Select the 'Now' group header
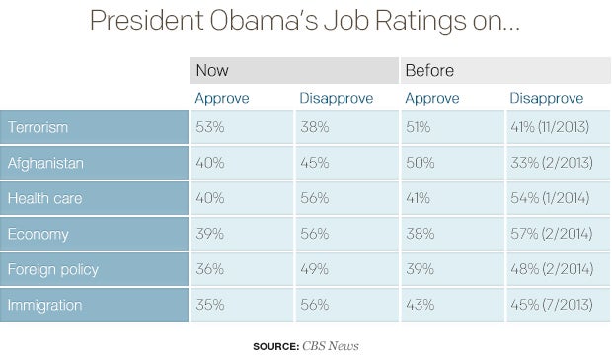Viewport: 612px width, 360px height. click(213, 71)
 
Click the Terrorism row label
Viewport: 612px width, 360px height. click(38, 127)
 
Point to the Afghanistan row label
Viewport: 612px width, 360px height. click(44, 163)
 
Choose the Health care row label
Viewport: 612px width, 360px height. click(43, 198)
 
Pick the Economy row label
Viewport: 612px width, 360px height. click(38, 234)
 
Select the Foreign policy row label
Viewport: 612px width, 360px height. click(48, 269)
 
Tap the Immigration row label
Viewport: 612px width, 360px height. click(43, 305)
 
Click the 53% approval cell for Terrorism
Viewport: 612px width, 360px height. click(211, 127)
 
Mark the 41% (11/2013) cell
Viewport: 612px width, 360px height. click(550, 127)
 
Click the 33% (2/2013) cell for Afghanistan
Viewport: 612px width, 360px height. click(550, 163)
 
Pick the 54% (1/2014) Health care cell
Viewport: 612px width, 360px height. click(550, 198)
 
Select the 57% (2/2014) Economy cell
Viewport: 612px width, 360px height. click(550, 234)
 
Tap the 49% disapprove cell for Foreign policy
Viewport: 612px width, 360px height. click(315, 269)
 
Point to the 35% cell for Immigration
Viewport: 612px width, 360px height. click(211, 305)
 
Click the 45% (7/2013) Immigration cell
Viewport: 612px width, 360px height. click(550, 305)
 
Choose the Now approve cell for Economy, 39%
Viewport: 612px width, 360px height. click(211, 234)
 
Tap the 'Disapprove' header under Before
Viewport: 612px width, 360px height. click(547, 99)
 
